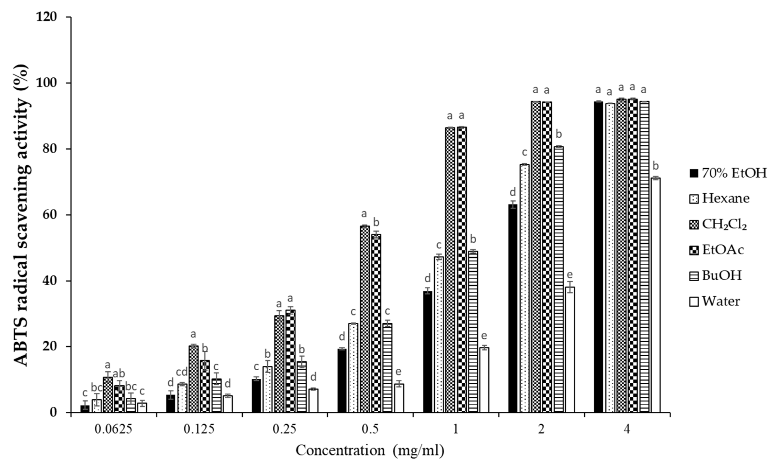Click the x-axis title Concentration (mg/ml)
[x=370, y=450]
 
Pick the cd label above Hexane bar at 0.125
[x=182, y=372]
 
